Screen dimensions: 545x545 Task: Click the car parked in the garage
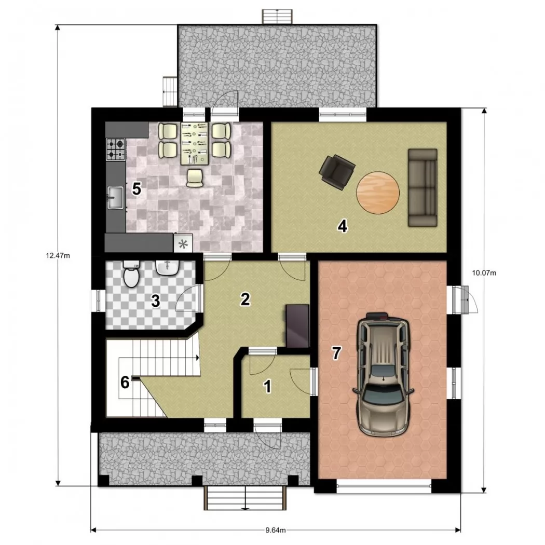[383, 374]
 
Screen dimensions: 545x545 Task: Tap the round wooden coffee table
[378, 193]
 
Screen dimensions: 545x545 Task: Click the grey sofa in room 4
[423, 188]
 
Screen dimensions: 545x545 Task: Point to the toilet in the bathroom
[131, 274]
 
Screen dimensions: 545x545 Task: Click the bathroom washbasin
[168, 268]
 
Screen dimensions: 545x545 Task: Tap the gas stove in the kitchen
[115, 149]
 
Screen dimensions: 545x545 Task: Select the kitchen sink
[115, 197]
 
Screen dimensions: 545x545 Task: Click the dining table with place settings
[194, 144]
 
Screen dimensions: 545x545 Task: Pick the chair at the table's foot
[195, 178]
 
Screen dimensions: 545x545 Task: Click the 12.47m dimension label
[58, 256]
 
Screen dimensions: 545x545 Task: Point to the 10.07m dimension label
[484, 273]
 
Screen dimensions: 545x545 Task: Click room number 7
[336, 353]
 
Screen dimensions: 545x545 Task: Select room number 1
[267, 387]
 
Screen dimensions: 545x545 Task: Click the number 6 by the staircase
[125, 383]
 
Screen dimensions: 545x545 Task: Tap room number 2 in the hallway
[245, 299]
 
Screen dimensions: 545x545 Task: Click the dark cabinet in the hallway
[297, 325]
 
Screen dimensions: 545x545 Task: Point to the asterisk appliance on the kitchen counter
[183, 243]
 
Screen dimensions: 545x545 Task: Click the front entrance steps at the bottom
[245, 498]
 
